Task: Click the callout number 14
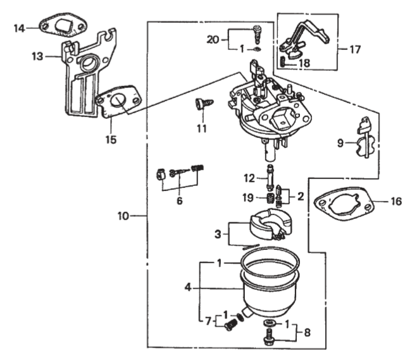pyautogui.click(x=20, y=28)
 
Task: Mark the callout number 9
pyautogui.click(x=340, y=143)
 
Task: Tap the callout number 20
pyautogui.click(x=213, y=39)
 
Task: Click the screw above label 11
pyautogui.click(x=202, y=104)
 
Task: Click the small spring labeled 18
pyautogui.click(x=282, y=63)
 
